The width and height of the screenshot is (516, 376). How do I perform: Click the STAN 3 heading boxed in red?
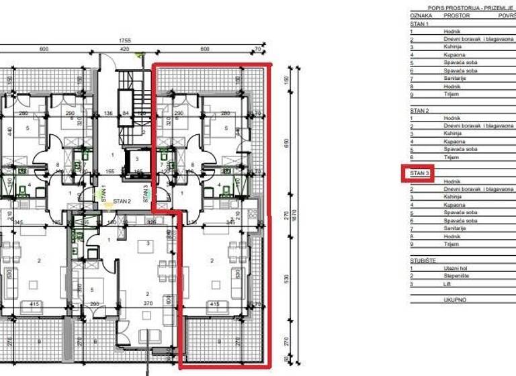pos(420,173)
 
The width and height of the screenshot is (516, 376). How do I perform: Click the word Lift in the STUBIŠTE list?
pos(448,283)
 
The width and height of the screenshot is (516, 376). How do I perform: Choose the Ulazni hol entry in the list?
pos(456,267)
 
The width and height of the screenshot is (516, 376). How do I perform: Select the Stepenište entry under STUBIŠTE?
pos(457,275)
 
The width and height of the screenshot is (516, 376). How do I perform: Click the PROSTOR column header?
pos(456,15)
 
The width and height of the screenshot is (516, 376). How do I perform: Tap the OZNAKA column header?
pos(421,15)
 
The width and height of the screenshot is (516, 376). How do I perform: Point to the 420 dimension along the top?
pos(124,49)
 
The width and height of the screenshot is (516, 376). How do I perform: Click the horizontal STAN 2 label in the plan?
pos(122,201)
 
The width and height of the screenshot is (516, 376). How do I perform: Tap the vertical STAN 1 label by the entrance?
pos(103,195)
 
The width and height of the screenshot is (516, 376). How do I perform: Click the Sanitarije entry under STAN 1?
pos(454,79)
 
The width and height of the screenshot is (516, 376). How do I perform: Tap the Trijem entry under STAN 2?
pos(450,157)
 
